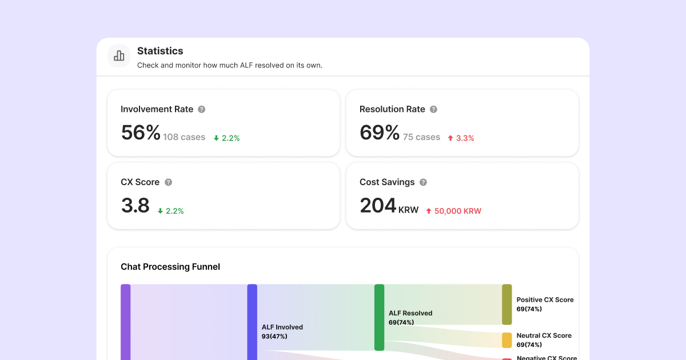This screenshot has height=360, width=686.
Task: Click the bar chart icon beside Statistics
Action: tap(119, 55)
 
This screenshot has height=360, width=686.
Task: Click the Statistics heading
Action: tap(160, 51)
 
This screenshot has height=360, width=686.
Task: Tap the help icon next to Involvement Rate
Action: tap(201, 109)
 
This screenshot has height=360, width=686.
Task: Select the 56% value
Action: tap(141, 133)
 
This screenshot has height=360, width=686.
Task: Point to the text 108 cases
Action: tap(184, 137)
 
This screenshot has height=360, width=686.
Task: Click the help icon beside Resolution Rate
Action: tap(433, 109)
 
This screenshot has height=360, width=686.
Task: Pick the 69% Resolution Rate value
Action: tap(380, 133)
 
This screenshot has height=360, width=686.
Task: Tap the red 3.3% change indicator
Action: tap(461, 138)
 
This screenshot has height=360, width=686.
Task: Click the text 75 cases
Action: tap(421, 137)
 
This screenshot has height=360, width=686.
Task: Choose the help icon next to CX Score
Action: tap(168, 182)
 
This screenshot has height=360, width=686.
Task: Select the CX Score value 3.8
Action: tap(135, 206)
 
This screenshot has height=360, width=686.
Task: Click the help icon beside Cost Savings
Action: tap(423, 182)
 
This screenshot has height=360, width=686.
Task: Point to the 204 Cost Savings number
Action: tap(378, 206)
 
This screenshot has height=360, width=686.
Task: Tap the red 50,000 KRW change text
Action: tap(453, 211)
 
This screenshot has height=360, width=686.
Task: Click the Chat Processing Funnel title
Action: tap(170, 267)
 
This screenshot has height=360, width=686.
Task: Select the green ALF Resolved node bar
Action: tap(379, 317)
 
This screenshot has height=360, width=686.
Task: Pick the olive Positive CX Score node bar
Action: tap(506, 305)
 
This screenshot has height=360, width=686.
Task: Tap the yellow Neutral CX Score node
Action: tap(506, 340)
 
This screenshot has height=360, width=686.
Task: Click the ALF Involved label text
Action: tap(282, 327)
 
